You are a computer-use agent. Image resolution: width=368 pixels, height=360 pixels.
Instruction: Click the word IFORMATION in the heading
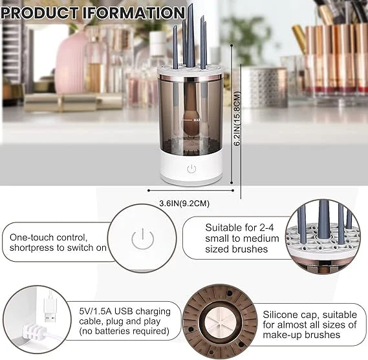click(138, 12)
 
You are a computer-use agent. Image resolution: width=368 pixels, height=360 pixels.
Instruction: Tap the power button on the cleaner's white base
click(191, 170)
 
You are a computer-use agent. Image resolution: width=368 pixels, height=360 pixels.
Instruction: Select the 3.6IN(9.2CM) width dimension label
click(184, 204)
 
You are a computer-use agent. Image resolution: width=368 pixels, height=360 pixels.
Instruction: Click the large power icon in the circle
click(142, 239)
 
